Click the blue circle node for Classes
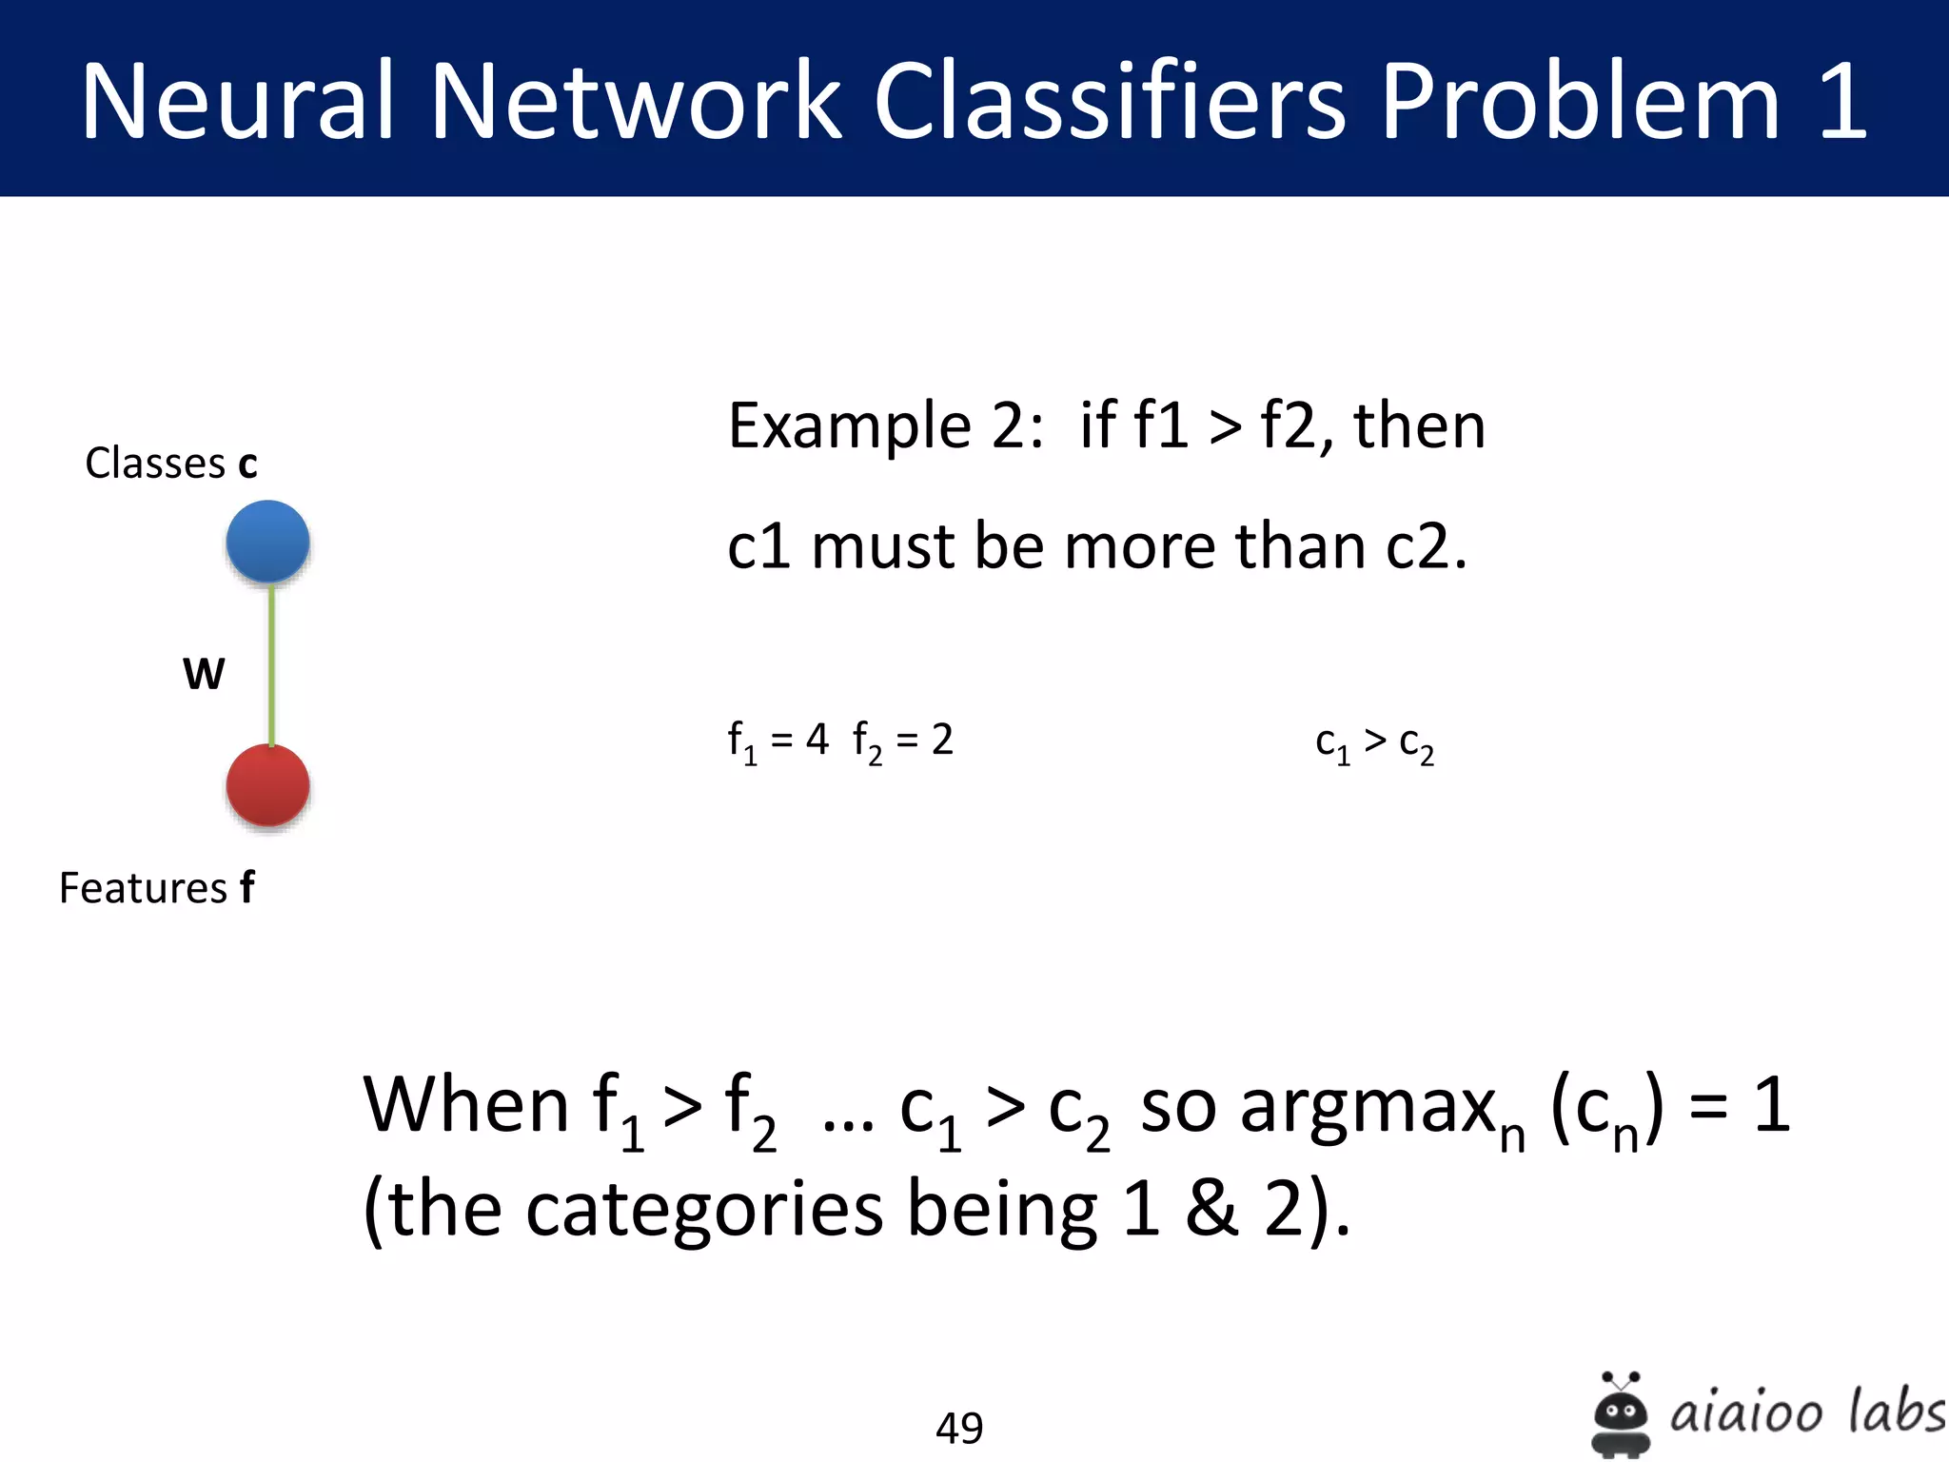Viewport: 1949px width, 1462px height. pos(267,541)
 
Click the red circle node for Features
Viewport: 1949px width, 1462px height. pos(267,785)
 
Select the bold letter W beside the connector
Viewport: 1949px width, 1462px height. pos(204,674)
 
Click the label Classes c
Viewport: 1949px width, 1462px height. pos(171,464)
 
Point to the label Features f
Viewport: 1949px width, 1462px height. pos(157,887)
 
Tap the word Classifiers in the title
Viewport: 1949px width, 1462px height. pos(1109,101)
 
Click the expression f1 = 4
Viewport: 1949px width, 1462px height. pos(778,741)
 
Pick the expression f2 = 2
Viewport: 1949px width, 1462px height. pos(902,741)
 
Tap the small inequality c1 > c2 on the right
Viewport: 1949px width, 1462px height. pos(1374,743)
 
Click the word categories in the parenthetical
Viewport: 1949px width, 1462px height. pos(704,1209)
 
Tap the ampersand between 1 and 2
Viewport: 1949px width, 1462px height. pos(1211,1209)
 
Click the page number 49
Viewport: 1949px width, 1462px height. pos(959,1428)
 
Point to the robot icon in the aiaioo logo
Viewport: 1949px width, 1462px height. pos(1621,1414)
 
